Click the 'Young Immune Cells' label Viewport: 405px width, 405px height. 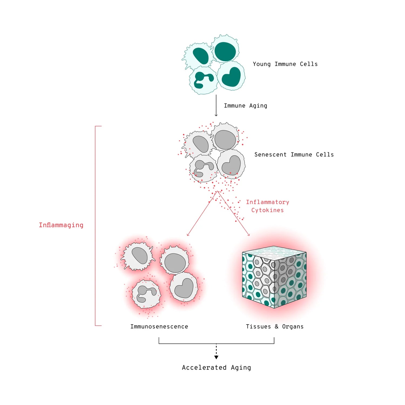(x=285, y=64)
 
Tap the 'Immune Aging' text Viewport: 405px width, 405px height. (x=245, y=106)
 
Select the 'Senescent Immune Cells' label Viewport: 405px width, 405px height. (x=294, y=154)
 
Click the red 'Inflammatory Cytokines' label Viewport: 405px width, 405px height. (x=267, y=206)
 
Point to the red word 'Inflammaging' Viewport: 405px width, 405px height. (x=61, y=225)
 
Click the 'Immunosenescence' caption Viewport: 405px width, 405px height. (x=159, y=326)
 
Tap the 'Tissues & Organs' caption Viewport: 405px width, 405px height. (x=275, y=326)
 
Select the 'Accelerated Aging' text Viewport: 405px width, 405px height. (x=216, y=367)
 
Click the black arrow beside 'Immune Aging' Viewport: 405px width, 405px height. (x=216, y=105)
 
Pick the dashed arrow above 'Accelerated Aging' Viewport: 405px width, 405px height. (x=216, y=351)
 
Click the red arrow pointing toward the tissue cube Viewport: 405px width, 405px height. (x=234, y=214)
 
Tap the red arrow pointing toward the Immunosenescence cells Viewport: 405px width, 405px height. (x=202, y=214)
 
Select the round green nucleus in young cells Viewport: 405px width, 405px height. (x=225, y=52)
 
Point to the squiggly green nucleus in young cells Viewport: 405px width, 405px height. (x=203, y=80)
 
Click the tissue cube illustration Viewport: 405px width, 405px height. (x=274, y=277)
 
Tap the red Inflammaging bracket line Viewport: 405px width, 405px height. (x=95, y=226)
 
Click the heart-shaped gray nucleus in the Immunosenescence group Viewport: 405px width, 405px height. (x=184, y=288)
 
